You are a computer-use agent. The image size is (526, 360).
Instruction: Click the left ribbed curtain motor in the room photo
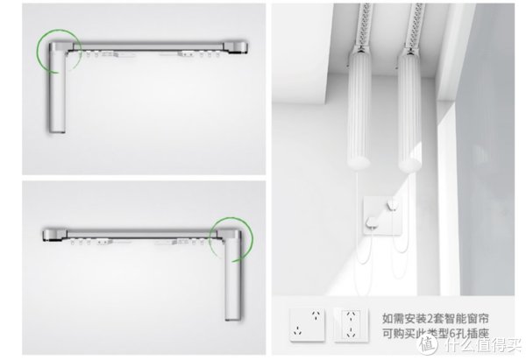point(359,110)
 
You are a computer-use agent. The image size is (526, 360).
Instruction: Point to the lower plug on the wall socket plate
point(373,222)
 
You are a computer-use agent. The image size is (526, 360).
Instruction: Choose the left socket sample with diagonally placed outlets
point(307,324)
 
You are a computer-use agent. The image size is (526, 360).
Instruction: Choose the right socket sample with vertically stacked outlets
point(351,325)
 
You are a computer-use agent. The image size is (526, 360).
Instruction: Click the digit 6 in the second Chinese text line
point(453,334)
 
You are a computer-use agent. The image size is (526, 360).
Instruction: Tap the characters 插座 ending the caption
point(479,334)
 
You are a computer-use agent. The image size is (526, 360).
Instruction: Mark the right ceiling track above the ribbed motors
point(415,26)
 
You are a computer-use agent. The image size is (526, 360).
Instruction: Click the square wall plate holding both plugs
point(382,215)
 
